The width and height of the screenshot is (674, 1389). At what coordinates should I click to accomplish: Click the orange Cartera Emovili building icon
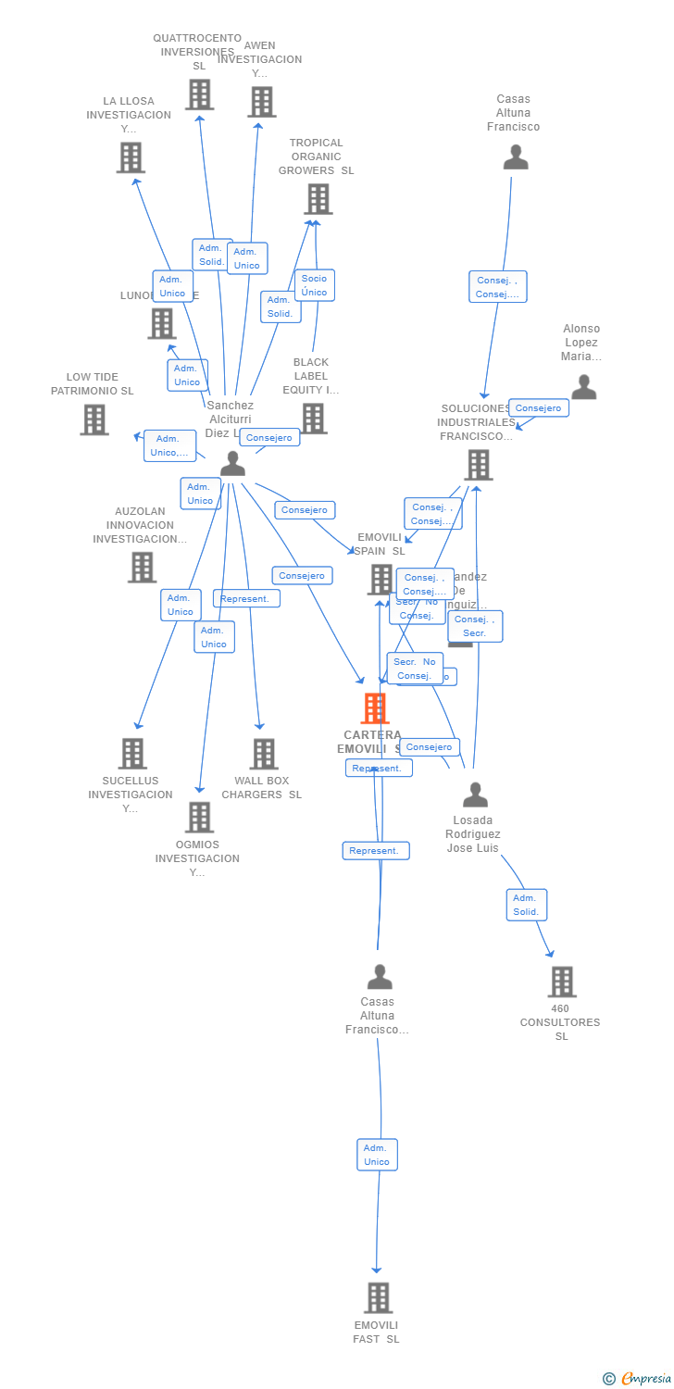pos(375,708)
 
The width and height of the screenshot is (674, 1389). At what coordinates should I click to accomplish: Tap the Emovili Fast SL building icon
pos(378,1297)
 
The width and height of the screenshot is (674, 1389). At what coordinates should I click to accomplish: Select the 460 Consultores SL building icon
pos(561,982)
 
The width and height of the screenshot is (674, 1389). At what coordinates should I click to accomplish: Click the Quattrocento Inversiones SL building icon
pos(199,94)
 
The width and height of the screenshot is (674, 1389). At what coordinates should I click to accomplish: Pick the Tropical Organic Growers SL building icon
pos(318,198)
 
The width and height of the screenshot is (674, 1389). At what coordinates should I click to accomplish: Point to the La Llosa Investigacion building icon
pos(131,157)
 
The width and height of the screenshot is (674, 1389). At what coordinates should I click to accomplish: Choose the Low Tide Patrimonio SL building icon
pos(94,419)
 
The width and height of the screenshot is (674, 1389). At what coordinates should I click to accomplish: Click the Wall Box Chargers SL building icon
pos(264,754)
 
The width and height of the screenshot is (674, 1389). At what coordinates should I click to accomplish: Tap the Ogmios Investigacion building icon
pos(199,817)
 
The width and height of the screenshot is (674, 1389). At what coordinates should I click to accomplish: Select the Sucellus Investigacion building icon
pos(132,754)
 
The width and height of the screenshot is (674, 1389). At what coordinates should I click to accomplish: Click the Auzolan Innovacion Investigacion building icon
pos(142,567)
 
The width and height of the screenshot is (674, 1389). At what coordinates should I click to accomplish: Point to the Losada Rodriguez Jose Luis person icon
pos(475,795)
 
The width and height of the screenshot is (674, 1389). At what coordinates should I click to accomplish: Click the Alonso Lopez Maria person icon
pos(583,387)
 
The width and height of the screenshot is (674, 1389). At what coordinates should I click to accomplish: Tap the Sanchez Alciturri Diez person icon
pos(232,463)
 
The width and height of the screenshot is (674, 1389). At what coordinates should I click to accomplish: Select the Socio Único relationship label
pos(314,285)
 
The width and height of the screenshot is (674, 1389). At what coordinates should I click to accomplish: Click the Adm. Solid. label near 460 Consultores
pos(526,905)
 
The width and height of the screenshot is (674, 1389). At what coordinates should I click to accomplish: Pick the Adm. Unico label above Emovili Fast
pos(377,1155)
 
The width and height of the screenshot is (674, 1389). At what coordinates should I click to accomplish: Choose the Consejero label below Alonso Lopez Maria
pos(538,407)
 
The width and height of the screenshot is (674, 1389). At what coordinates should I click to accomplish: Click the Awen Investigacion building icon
pos(262,102)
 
